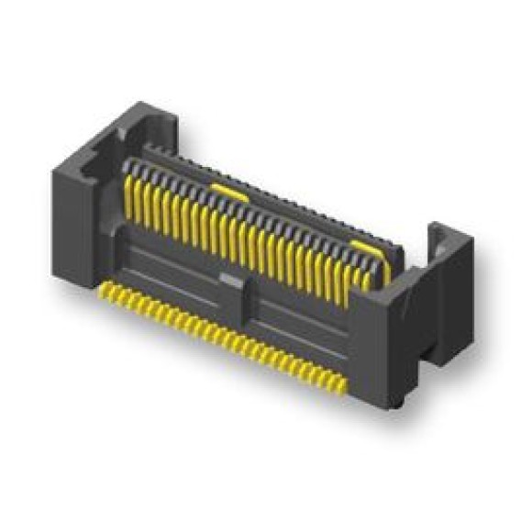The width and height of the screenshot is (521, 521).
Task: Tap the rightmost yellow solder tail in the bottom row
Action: tap(341, 386)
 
